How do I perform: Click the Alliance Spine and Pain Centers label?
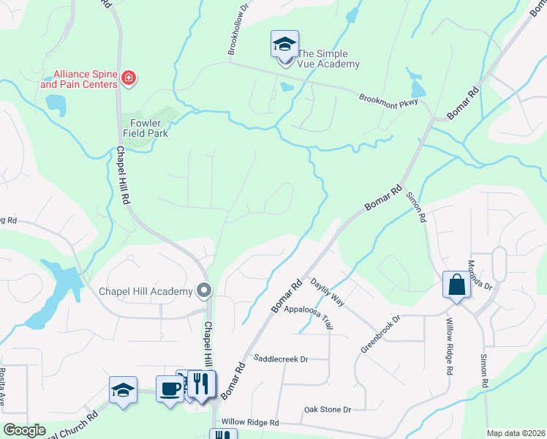coord(79,79)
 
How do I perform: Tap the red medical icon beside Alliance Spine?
coord(129,78)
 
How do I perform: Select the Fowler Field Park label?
coord(149,128)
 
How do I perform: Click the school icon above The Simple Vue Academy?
coord(284,45)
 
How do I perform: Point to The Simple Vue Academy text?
coord(328,59)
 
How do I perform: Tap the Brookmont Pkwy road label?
coord(388,101)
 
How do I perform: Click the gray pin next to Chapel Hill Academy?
coord(205,291)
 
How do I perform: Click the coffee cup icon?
coord(170,389)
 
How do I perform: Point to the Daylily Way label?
coord(327,291)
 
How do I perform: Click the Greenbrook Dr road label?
coord(380,334)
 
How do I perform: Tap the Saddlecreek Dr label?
coord(281,359)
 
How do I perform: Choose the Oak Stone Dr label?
coord(328,409)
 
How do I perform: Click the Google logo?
coord(24,430)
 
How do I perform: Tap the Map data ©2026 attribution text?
coord(516,433)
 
